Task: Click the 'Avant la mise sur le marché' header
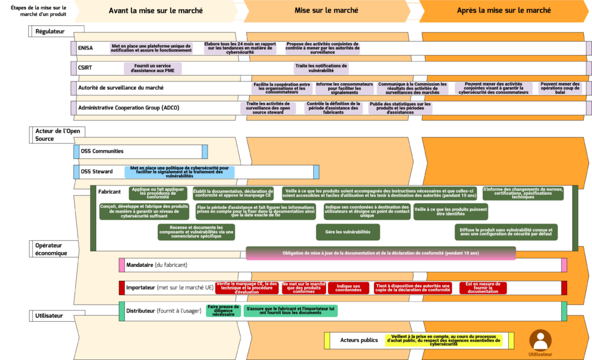[x=156, y=10]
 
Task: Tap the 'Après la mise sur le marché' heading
[x=503, y=10]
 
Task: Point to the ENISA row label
[x=86, y=49]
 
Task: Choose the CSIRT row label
[x=85, y=68]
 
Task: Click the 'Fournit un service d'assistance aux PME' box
[x=153, y=68]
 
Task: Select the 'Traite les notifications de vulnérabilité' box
[x=321, y=68]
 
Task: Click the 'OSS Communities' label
[x=102, y=151]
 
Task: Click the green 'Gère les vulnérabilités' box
[x=347, y=232]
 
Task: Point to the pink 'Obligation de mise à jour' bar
[x=380, y=253]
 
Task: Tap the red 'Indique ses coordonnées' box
[x=349, y=288]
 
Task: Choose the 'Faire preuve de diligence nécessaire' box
[x=223, y=310]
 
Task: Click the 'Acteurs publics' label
[x=358, y=340]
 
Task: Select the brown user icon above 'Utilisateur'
[x=541, y=339]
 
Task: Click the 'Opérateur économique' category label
[x=51, y=249]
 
